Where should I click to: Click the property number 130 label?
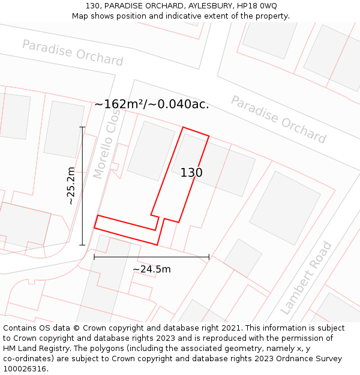tap(191, 173)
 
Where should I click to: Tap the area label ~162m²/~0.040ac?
tap(151, 104)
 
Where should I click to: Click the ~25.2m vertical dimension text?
tap(71, 186)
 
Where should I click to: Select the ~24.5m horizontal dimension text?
tap(151, 269)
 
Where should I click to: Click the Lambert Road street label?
tap(306, 278)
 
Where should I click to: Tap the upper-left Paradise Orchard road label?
tap(73, 53)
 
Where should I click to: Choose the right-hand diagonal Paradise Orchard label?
tap(278, 119)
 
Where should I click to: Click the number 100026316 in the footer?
tap(25, 369)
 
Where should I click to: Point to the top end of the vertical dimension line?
tap(82, 127)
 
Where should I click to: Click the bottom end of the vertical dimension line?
tap(82, 245)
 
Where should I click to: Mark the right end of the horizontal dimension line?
tap(209, 257)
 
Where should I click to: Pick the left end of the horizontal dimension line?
tap(94, 257)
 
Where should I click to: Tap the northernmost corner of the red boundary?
tap(183, 127)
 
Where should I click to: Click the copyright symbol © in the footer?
tap(77, 328)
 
